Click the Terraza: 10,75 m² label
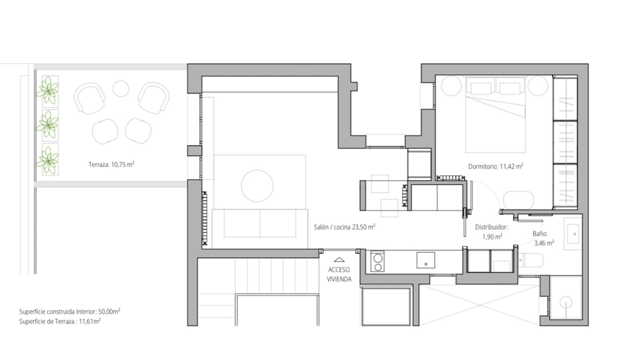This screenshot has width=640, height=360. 111,164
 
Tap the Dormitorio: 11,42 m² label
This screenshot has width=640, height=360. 496,166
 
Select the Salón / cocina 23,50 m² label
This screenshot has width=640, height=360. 344,227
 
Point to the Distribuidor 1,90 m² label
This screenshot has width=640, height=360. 491,232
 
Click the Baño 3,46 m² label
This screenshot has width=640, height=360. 543,238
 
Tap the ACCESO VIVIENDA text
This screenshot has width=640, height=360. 339,275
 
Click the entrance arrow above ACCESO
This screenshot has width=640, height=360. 339,259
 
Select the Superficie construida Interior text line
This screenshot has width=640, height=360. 69,311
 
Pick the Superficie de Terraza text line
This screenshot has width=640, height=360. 59,321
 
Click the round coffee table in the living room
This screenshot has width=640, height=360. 257,185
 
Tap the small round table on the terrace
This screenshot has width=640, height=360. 121,89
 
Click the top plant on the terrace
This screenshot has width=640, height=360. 49,90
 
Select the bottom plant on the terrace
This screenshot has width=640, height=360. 49,161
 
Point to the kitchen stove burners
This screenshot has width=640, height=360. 377,262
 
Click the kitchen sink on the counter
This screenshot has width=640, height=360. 425,261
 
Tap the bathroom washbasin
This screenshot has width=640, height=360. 572,234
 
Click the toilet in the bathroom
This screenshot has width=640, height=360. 531,261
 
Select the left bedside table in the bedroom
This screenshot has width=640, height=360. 451,86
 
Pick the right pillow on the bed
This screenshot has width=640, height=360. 510,88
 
